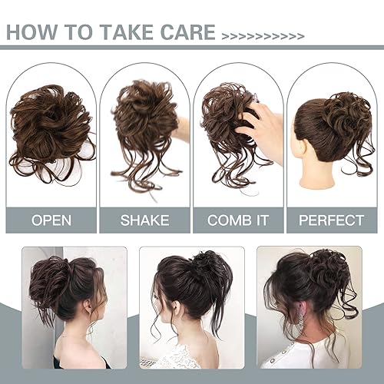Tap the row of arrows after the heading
(263, 35)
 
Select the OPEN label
(51, 220)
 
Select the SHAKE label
(145, 220)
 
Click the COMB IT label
(239, 220)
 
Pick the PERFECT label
(333, 220)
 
